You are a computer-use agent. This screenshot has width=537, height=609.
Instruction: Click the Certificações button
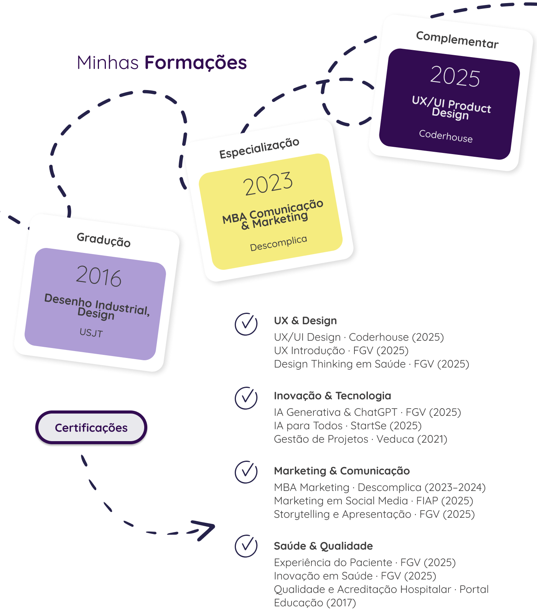click(91, 428)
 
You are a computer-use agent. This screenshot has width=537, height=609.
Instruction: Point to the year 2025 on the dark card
click(455, 76)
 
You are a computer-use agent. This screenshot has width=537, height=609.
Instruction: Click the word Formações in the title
click(195, 63)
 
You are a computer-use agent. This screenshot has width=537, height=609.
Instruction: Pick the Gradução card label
click(104, 240)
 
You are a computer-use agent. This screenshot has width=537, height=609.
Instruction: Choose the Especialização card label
click(259, 148)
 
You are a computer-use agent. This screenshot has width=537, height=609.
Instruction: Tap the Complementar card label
click(457, 40)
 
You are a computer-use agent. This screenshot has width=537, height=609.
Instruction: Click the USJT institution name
click(91, 333)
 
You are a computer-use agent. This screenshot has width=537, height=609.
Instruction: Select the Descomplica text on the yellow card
click(278, 244)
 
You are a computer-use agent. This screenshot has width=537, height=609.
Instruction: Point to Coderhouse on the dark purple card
click(446, 136)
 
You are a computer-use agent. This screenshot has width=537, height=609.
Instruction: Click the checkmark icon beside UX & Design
click(246, 324)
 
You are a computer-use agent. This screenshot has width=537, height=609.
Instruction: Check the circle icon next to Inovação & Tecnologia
click(246, 398)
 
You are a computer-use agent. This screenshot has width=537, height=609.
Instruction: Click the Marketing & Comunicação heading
click(342, 471)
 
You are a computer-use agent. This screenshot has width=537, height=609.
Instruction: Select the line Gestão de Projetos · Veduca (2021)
click(361, 439)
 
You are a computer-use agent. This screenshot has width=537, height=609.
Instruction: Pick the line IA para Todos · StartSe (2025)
click(348, 426)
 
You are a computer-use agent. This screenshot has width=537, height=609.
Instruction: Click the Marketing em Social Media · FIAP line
click(374, 501)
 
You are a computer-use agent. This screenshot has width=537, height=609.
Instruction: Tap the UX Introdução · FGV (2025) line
click(341, 351)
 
